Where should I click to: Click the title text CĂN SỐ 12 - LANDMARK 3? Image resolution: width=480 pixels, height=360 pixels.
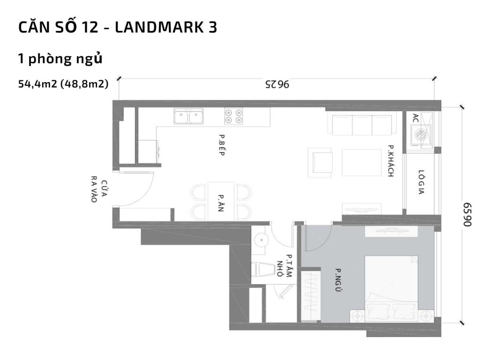[117, 27]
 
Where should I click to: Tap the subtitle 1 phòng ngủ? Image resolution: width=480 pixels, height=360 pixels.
[60, 59]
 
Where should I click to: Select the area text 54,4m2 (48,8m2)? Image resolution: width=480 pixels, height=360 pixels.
[63, 84]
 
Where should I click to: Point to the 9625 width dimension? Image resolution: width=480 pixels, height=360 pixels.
[277, 85]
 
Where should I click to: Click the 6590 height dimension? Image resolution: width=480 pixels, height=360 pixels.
[467, 215]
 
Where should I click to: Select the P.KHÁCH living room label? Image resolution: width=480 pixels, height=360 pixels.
[390, 161]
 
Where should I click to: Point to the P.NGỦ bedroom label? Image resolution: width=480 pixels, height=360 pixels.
[337, 279]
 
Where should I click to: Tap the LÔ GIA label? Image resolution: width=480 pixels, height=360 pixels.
[421, 182]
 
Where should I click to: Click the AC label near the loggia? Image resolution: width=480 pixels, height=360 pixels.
[415, 118]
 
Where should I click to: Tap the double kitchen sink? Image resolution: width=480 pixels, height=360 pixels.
[188, 116]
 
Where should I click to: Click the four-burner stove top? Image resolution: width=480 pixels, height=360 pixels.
[233, 115]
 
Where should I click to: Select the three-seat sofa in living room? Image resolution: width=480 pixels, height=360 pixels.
[361, 124]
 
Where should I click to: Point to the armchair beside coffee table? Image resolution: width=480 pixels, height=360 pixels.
[320, 162]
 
